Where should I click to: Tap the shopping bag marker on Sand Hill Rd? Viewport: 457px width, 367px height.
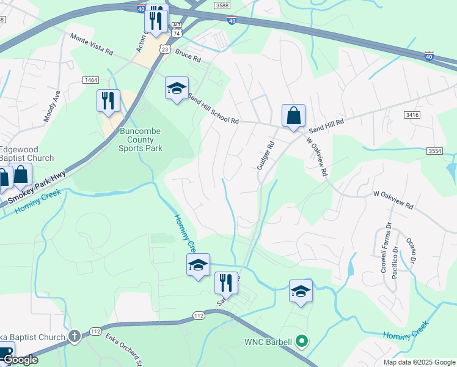point(293,115)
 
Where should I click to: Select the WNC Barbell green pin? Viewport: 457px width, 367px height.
point(301,341)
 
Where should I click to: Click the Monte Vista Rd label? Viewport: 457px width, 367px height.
point(92,43)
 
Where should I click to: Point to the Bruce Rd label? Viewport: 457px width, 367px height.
point(188,57)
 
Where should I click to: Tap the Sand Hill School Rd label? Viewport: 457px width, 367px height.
point(213,108)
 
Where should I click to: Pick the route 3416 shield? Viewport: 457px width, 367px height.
point(412,114)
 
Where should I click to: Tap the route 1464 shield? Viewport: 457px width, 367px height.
point(92,80)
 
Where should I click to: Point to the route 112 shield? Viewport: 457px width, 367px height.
point(198,315)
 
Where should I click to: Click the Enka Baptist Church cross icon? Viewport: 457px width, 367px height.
point(74,336)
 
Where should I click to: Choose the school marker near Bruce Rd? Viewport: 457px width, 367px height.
point(177,88)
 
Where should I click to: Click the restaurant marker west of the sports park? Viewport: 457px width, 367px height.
point(109,100)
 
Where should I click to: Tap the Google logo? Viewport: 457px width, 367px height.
point(20,360)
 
